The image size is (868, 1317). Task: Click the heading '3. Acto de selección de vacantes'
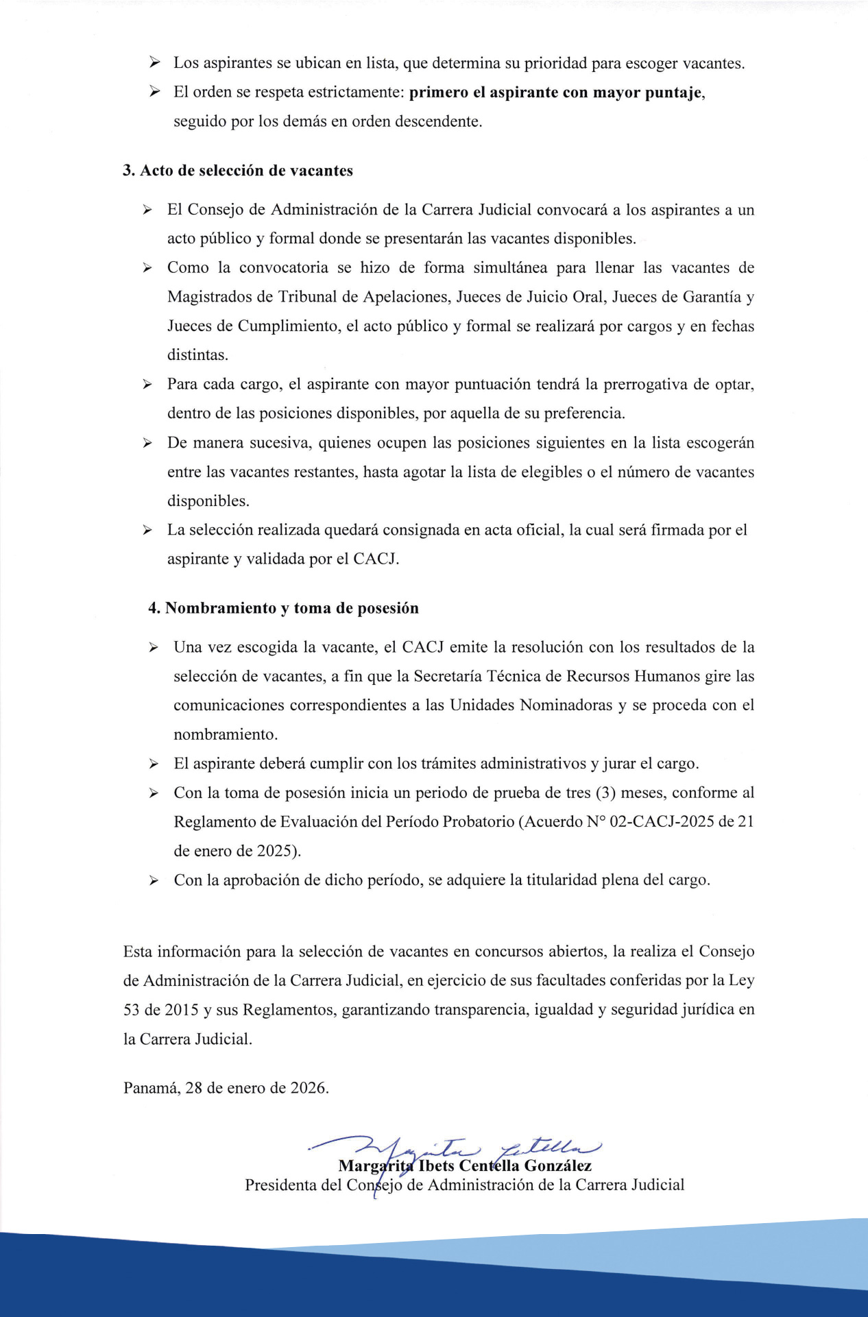coord(238,171)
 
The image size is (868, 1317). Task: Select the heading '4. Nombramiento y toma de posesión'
coord(283,608)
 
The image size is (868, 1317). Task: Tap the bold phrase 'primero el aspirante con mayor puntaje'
coord(556,93)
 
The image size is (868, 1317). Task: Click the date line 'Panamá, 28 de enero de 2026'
coord(226,1088)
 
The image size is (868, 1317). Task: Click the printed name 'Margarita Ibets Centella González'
coord(465,1166)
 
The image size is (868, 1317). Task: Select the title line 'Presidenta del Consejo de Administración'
coord(465,1185)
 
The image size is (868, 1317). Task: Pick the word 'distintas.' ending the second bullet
coord(198,355)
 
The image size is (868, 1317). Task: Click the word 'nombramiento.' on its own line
coord(226,735)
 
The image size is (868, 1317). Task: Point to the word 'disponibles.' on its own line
coord(208,501)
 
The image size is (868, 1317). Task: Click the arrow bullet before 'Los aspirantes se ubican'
coord(155,63)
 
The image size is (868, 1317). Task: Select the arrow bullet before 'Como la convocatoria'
coord(147,268)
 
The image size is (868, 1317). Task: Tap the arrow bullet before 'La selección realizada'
coord(147,531)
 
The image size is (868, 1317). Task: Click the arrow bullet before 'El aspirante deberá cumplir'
coord(154,764)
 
